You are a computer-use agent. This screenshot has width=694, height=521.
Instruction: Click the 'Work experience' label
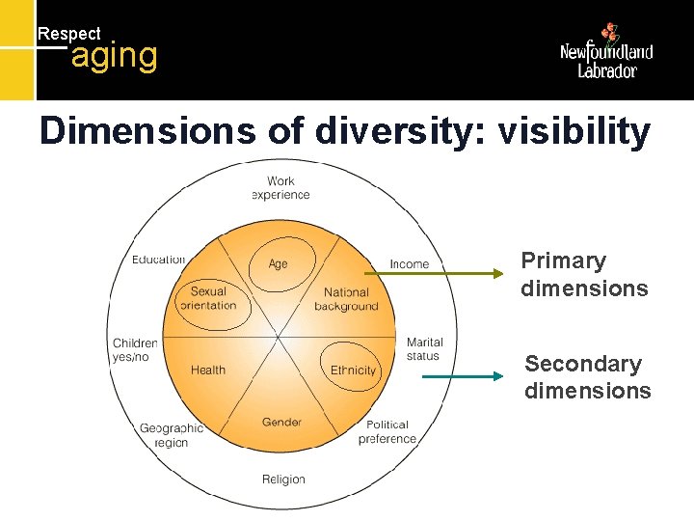pyautogui.click(x=280, y=187)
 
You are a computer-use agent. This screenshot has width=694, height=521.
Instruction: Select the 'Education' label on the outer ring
pyautogui.click(x=159, y=259)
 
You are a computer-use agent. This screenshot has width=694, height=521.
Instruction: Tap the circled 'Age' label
pyautogui.click(x=278, y=263)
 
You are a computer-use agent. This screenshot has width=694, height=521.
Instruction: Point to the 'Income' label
pyautogui.click(x=410, y=264)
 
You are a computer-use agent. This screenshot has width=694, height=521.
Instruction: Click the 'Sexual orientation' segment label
pyautogui.click(x=207, y=298)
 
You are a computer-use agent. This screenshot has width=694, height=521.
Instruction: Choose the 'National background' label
pyautogui.click(x=346, y=299)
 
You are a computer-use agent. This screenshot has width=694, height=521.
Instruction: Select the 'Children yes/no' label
pyautogui.click(x=135, y=349)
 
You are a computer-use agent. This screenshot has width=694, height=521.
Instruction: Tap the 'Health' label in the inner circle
pyautogui.click(x=208, y=370)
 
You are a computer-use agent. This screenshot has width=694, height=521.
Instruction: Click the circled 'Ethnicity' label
pyautogui.click(x=353, y=370)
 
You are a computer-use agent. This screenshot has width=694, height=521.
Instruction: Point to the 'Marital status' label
pyautogui.click(x=424, y=349)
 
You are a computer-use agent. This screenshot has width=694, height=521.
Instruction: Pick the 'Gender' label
pyautogui.click(x=281, y=422)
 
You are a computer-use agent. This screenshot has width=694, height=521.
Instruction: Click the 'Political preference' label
pyautogui.click(x=387, y=431)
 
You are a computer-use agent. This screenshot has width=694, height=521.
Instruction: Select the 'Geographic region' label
pyautogui.click(x=171, y=435)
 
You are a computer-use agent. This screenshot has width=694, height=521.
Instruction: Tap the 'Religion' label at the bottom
pyautogui.click(x=283, y=480)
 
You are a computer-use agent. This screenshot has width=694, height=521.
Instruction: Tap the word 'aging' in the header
pyautogui.click(x=114, y=56)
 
